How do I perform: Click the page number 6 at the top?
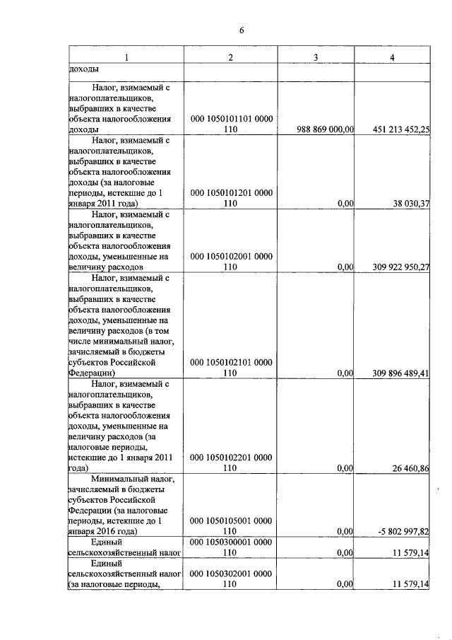(x=241, y=30)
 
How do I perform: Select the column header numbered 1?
(x=126, y=57)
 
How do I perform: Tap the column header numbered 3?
(x=316, y=57)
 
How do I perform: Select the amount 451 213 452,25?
(x=400, y=129)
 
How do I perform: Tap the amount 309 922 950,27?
(x=400, y=267)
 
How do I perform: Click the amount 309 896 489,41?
(x=400, y=373)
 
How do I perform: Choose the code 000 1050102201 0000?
(x=231, y=458)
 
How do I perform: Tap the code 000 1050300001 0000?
(x=231, y=542)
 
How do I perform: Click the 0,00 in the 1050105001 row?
(x=345, y=530)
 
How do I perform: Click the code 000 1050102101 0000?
(x=231, y=362)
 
